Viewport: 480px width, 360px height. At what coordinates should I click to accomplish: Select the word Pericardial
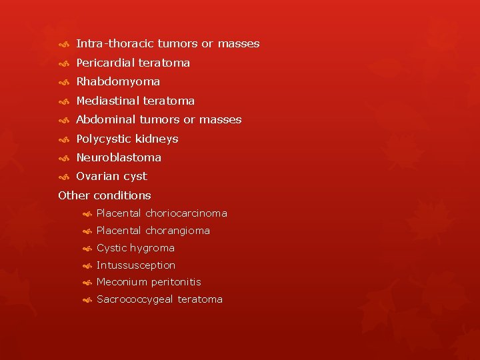click(105, 63)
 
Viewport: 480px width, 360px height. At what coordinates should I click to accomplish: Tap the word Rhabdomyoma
click(118, 81)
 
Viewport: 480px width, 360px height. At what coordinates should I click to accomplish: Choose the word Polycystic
click(103, 139)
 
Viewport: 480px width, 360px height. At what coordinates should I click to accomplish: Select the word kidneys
click(157, 139)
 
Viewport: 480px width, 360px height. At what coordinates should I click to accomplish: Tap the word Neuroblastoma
click(119, 157)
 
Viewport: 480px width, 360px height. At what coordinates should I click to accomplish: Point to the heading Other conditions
click(105, 195)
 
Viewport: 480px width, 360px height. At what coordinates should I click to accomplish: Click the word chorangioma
click(177, 231)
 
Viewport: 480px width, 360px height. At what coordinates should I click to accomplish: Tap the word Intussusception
click(136, 265)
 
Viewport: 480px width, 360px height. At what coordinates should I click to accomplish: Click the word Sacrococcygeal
click(135, 299)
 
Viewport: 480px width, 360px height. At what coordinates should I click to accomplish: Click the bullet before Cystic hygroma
click(87, 249)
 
